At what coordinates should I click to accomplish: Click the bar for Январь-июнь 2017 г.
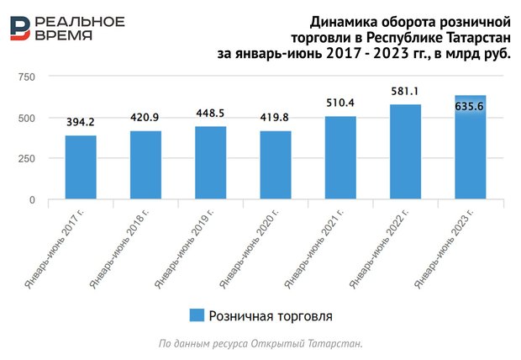(81, 167)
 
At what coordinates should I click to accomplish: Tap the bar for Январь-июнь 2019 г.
(210, 163)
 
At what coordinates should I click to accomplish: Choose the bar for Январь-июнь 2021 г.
(339, 158)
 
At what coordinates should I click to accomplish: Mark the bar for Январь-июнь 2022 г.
(404, 152)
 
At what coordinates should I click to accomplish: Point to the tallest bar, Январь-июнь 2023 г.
(469, 148)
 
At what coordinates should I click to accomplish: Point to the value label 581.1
(404, 91)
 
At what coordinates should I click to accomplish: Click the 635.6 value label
(469, 107)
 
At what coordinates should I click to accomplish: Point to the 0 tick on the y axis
(32, 200)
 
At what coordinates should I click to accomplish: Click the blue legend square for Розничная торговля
(197, 315)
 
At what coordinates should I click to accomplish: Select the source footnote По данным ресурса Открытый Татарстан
(260, 344)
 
